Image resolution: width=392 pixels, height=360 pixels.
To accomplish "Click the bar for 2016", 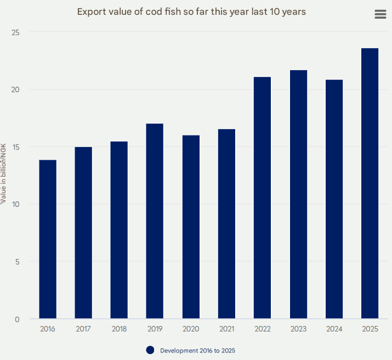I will pos(48,239).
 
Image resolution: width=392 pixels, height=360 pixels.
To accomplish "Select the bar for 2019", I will pos(155,221).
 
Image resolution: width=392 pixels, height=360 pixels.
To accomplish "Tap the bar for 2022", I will pos(262,198).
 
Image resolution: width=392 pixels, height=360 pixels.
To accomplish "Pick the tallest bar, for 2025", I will pos(370,183).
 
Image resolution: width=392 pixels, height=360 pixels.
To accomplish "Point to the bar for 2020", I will pos(191,227).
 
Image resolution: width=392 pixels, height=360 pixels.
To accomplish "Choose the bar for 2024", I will pos(334,199).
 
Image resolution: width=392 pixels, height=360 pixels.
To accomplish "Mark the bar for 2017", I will pos(83,233).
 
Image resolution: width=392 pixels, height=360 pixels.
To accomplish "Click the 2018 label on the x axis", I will pos(119,329).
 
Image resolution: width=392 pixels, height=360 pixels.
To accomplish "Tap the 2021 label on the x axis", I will pos(226,329).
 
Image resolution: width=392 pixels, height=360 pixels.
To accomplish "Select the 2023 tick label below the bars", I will pos(298,329).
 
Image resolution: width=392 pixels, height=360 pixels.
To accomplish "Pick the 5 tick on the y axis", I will pos(18,262).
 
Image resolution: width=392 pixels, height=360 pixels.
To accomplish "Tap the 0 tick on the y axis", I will pos(18,319).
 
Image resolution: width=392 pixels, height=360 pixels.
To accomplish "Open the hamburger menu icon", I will pos(380,14).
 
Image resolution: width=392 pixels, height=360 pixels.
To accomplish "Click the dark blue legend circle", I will pos(150,350).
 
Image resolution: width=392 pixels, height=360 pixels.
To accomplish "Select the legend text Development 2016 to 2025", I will pos(197,350).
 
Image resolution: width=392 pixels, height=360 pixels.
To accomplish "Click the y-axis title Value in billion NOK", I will pos(4,174).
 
